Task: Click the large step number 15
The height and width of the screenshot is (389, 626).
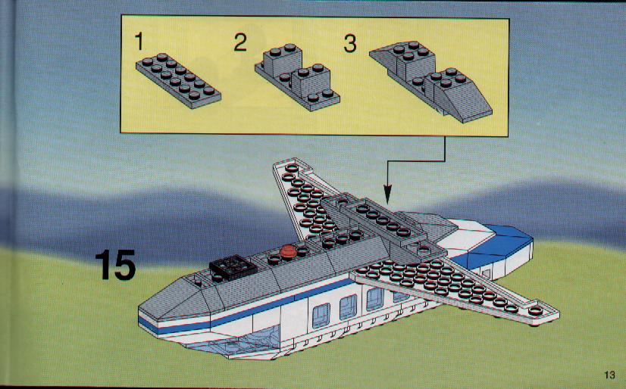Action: [x=116, y=265]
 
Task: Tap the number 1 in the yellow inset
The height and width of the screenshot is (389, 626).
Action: [x=139, y=42]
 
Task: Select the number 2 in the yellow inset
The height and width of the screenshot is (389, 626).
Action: [x=240, y=42]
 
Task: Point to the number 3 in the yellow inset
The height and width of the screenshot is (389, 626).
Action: [x=349, y=44]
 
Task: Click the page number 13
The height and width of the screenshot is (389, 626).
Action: [x=609, y=375]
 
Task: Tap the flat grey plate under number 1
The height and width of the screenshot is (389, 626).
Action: [x=178, y=80]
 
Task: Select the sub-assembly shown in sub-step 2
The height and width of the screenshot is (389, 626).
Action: [x=297, y=78]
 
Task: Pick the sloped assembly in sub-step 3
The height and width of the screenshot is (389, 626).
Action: [x=430, y=82]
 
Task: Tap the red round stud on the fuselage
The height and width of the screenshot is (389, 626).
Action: [x=287, y=251]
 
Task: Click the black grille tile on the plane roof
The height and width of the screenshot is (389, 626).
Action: [x=233, y=266]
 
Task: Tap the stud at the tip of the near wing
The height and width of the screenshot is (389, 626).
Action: [x=535, y=311]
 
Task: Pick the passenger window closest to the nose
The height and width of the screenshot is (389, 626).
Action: [x=321, y=315]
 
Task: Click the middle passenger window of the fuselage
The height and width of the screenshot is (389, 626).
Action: [x=348, y=307]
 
